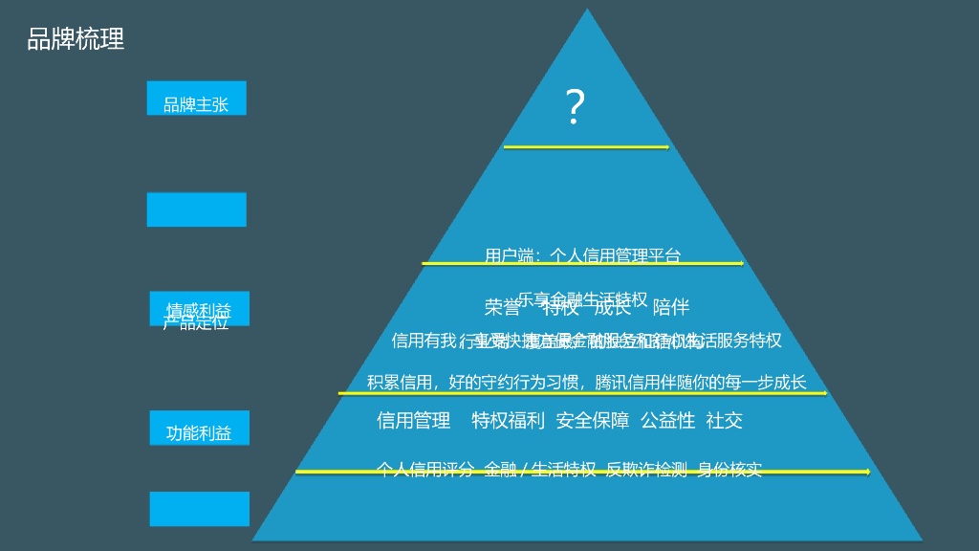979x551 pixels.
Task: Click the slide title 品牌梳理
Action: tap(76, 39)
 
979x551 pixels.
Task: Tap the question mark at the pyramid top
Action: tap(575, 107)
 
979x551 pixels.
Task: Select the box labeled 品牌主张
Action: tap(196, 99)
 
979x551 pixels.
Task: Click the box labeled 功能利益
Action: tap(199, 428)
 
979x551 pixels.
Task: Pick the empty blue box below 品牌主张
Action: tap(196, 209)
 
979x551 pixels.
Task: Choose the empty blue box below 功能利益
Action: tap(199, 509)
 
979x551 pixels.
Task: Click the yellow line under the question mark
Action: tap(586, 147)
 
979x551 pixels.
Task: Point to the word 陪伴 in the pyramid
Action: tap(670, 307)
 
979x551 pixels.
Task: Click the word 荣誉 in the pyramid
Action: tap(502, 307)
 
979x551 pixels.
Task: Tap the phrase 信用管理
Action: tap(413, 420)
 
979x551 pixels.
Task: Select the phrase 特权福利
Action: tap(508, 420)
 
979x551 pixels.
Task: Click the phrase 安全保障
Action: tap(593, 420)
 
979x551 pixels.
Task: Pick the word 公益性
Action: tap(667, 420)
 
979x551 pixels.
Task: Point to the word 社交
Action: tap(724, 420)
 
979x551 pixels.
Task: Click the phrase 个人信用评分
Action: tap(425, 469)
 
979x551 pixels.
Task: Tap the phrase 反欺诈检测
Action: tap(646, 469)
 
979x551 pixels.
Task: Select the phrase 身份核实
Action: tap(729, 469)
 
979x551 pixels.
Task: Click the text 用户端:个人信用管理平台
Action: tap(583, 255)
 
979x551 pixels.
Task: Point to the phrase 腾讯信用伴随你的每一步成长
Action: tap(701, 382)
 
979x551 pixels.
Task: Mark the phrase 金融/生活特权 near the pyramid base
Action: tap(540, 469)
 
